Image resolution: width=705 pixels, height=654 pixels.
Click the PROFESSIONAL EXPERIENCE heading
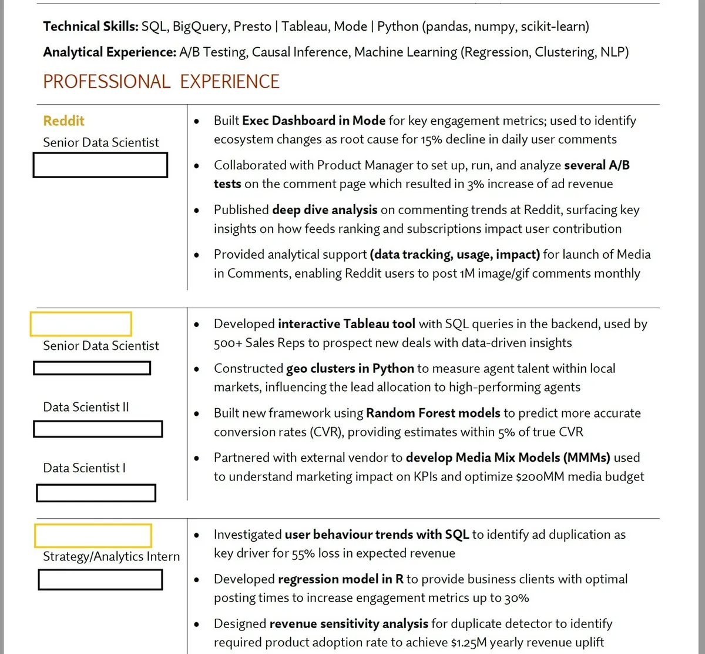pyautogui.click(x=161, y=81)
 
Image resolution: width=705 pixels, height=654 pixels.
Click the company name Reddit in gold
pyautogui.click(x=63, y=121)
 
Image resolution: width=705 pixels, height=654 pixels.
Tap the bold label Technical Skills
pyautogui.click(x=90, y=26)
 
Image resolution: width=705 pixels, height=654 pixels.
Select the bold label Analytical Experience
pyautogui.click(x=109, y=52)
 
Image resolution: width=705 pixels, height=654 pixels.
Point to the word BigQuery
pyautogui.click(x=199, y=26)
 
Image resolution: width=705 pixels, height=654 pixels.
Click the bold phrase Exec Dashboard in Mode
pyautogui.click(x=314, y=121)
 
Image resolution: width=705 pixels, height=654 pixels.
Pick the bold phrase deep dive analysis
pyautogui.click(x=324, y=210)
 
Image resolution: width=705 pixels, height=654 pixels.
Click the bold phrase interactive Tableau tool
pyautogui.click(x=347, y=324)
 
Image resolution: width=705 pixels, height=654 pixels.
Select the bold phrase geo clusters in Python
pyautogui.click(x=350, y=369)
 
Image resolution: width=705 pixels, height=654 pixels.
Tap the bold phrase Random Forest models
pyautogui.click(x=433, y=413)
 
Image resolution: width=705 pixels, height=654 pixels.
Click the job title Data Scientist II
pyautogui.click(x=86, y=407)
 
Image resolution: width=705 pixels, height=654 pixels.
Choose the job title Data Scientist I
pyautogui.click(x=84, y=468)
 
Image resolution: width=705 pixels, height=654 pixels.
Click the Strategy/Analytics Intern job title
pyautogui.click(x=111, y=556)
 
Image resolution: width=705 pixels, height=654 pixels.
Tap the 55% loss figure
pyautogui.click(x=321, y=553)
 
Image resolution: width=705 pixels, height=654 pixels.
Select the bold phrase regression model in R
pyautogui.click(x=341, y=579)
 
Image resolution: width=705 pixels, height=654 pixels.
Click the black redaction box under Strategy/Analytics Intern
pyautogui.click(x=100, y=580)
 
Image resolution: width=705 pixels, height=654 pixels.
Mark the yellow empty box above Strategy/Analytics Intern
pyautogui.click(x=93, y=536)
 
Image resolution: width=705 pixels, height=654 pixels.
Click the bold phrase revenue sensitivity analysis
pyautogui.click(x=349, y=624)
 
